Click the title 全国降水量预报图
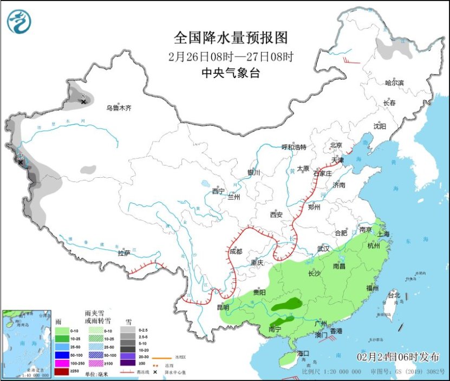coord(230,37)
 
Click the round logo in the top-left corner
coord(19,22)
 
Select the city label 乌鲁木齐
coord(119,108)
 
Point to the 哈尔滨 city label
coord(394,83)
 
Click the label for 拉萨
coord(124,253)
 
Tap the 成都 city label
coord(236,251)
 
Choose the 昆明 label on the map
coord(223,307)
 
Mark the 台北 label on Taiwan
coord(393,295)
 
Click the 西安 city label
coord(276,215)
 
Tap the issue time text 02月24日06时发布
coord(398,356)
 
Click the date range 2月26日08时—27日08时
coord(230,56)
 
